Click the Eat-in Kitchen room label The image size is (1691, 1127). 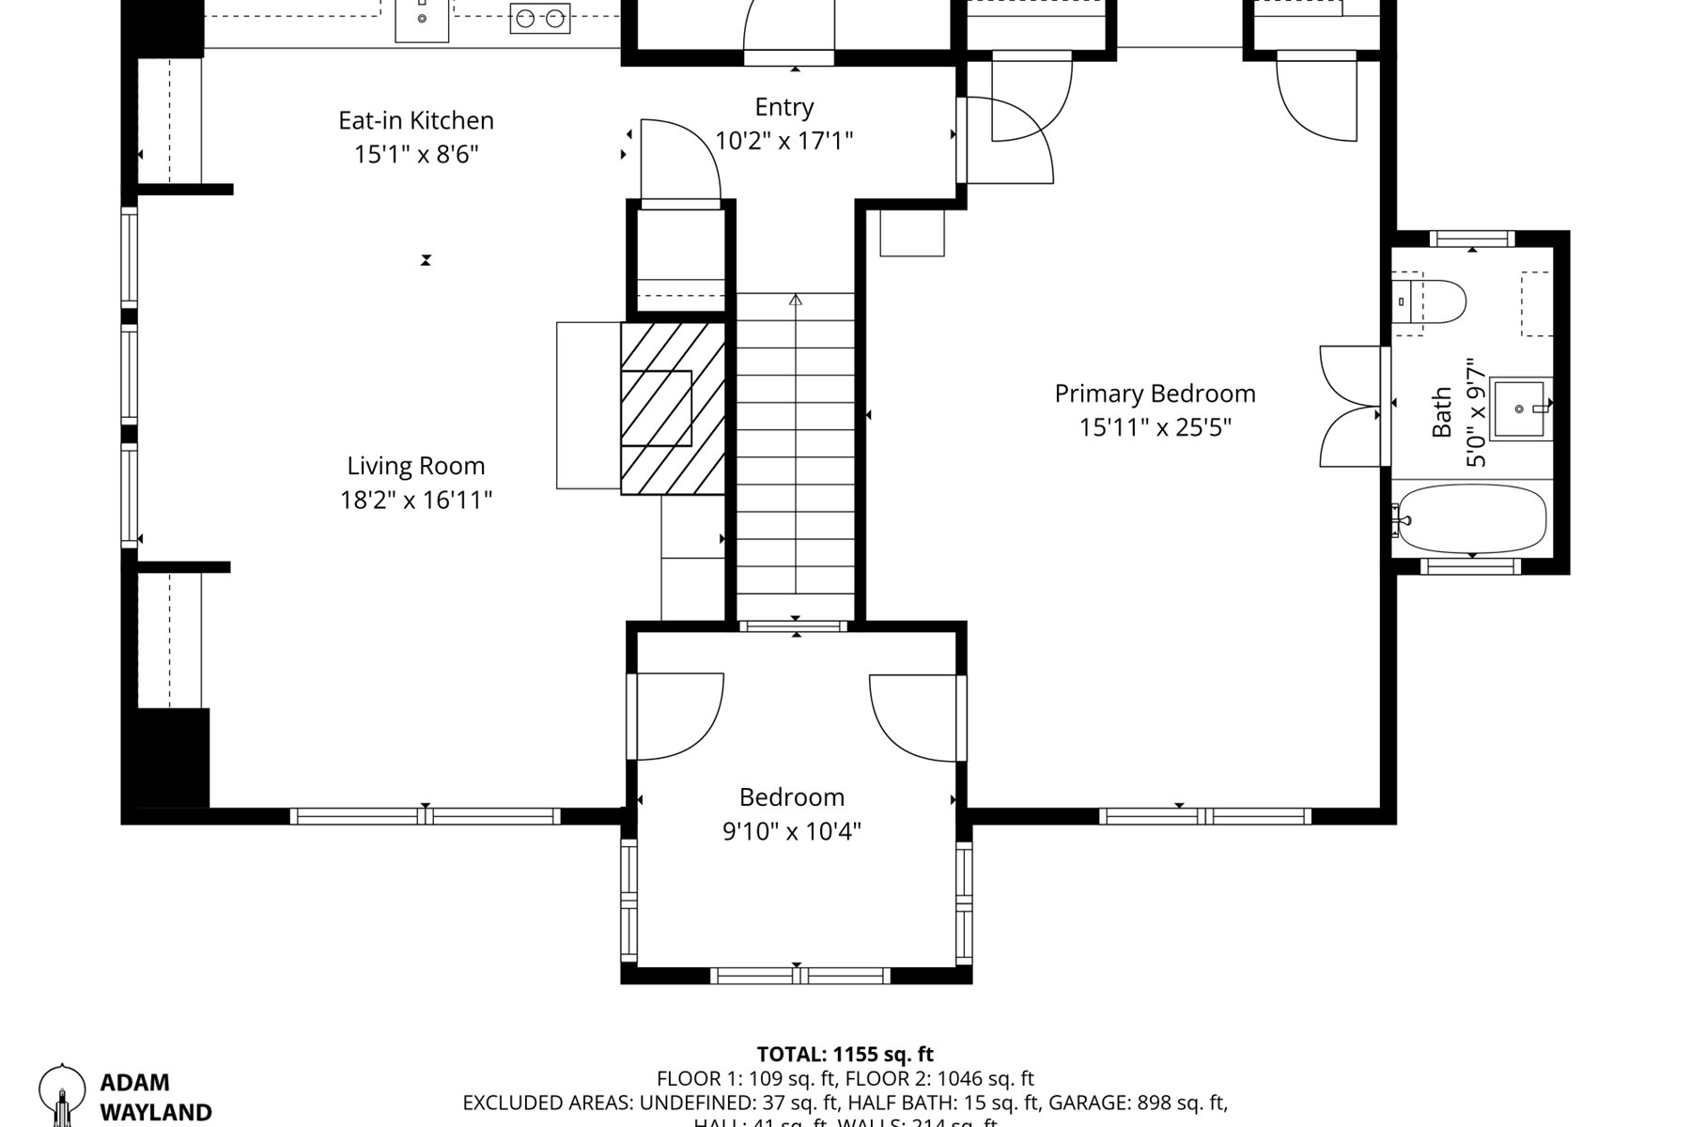click(x=416, y=120)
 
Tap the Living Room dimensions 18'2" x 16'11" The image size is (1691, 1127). click(x=416, y=500)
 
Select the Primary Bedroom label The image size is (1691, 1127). click(x=1155, y=394)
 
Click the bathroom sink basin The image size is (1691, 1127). click(x=1519, y=409)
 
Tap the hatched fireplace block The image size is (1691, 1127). click(x=672, y=409)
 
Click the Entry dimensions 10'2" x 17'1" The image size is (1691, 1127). click(x=783, y=141)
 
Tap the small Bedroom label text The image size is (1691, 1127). click(x=791, y=797)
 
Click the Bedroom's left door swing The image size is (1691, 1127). click(x=678, y=716)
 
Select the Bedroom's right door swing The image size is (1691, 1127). click(x=914, y=718)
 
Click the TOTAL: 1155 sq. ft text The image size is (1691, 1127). click(x=845, y=1054)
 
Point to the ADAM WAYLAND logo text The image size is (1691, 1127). click(x=155, y=1098)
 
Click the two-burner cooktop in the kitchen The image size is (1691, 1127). click(x=540, y=18)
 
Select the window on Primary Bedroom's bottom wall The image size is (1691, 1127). click(x=1204, y=815)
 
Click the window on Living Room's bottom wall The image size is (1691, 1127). click(x=425, y=815)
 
